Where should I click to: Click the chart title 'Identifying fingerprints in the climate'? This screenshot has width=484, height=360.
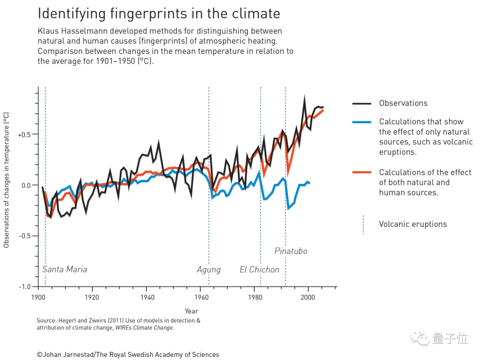click(x=159, y=13)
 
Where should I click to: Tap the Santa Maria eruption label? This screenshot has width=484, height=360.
click(x=65, y=269)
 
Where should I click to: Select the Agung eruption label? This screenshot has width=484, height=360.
click(x=208, y=269)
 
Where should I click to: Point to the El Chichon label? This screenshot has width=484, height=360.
click(x=259, y=269)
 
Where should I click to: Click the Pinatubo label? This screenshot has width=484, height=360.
click(x=291, y=251)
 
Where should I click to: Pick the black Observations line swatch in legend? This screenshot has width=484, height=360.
click(x=362, y=103)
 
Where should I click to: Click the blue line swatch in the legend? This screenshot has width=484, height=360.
click(x=362, y=122)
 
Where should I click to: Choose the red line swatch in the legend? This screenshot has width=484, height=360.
click(x=362, y=173)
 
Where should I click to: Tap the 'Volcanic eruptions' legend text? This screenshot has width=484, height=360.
click(x=413, y=224)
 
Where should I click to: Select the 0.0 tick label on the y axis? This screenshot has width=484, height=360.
click(x=27, y=185)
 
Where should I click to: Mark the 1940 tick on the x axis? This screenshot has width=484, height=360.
click(x=147, y=297)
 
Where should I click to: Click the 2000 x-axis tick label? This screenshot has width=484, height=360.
click(x=307, y=297)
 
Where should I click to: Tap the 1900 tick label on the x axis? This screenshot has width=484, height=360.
click(x=38, y=297)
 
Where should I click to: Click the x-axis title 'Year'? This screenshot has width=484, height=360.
click(x=191, y=311)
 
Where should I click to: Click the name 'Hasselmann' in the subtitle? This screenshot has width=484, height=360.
click(x=81, y=31)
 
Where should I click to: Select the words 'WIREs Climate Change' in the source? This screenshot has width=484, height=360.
click(x=143, y=328)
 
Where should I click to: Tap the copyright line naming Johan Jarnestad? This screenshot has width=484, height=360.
click(x=128, y=355)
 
